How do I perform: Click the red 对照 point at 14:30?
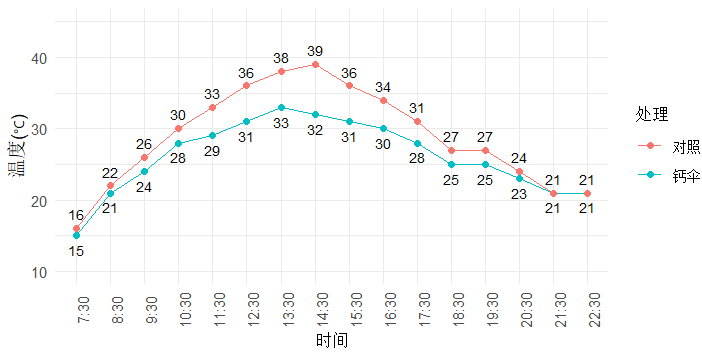coord(315,64)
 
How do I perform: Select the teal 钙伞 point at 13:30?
coord(281,107)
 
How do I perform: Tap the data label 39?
coord(315,51)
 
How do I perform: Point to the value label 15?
coord(76,251)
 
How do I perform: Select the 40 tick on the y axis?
coord(39,58)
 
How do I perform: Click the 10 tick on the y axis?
coord(39,272)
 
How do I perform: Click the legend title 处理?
coord(651,114)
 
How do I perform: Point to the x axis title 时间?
coord(331,341)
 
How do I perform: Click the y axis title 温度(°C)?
coord(17,165)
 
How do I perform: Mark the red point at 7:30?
coord(76,229)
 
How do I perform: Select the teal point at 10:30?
coord(179,143)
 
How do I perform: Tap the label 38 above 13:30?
coord(281,58)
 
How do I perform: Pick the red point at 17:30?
coord(417,121)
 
